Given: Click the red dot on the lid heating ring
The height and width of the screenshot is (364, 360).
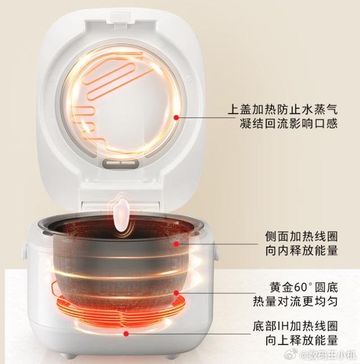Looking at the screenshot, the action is (177, 118).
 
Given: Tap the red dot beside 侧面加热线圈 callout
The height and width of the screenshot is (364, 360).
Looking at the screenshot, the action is (177, 244).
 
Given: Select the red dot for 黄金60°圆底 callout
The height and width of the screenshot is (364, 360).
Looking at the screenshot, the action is (177, 293).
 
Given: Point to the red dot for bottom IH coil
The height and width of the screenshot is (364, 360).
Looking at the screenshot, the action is (126, 334).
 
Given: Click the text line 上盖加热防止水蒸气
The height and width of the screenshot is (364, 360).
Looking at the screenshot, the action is (283, 109).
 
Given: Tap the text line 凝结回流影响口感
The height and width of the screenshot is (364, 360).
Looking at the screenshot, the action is (289, 123).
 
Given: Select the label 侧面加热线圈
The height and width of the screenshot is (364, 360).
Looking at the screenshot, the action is (301, 236).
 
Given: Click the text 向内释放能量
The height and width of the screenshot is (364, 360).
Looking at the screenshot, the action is (301, 250).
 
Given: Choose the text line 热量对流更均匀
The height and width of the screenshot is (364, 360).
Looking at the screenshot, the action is (295, 302).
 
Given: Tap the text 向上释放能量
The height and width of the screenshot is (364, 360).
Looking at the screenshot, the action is (301, 340).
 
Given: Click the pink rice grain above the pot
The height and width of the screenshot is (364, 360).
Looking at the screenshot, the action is (120, 215).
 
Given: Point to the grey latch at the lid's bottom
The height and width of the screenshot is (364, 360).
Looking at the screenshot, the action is (120, 164).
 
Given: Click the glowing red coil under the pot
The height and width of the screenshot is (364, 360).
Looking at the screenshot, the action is (121, 309).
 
